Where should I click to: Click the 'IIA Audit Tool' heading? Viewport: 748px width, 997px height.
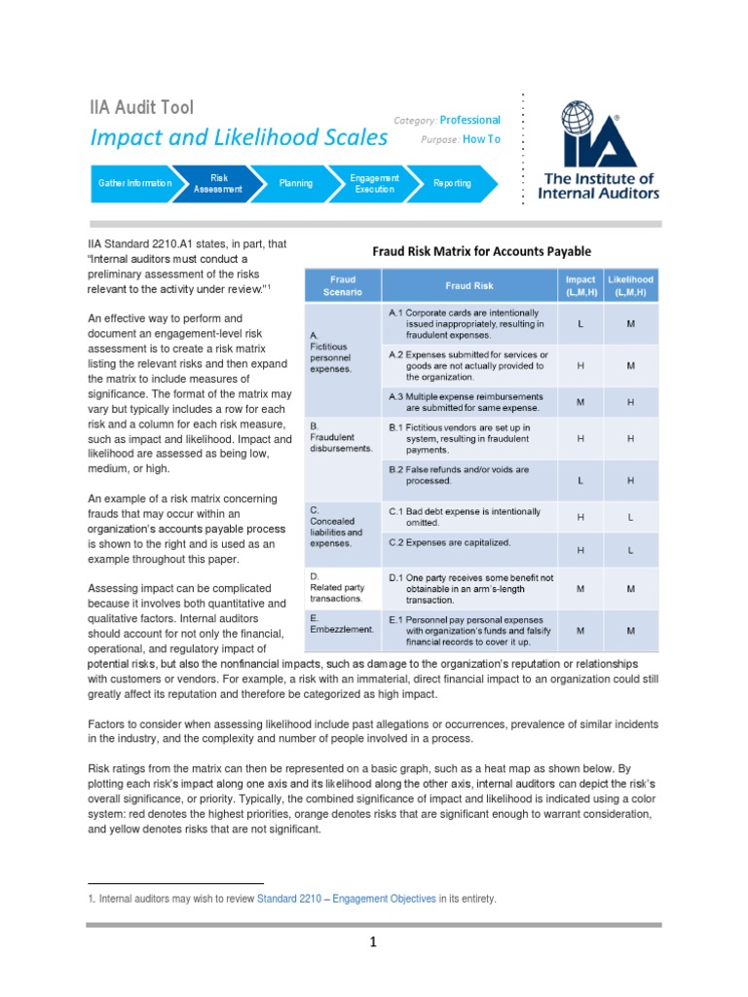(x=141, y=107)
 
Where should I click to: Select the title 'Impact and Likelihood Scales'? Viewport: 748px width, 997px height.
(x=239, y=137)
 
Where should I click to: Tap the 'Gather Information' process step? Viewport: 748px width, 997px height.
(x=135, y=183)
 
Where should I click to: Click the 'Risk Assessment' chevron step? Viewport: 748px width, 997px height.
(x=219, y=183)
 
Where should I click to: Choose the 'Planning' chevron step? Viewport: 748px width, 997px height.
(x=296, y=183)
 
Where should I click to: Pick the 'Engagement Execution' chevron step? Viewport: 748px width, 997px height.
(x=374, y=183)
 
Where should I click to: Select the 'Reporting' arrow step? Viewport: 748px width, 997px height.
(x=451, y=183)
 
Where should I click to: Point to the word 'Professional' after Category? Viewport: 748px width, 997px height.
(x=469, y=120)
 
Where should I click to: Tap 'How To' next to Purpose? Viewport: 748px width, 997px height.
(x=481, y=139)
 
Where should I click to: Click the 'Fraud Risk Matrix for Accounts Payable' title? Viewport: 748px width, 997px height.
(x=481, y=251)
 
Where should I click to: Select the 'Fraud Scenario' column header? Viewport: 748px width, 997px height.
(x=342, y=285)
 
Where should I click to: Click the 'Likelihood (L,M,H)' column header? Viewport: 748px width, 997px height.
(x=630, y=285)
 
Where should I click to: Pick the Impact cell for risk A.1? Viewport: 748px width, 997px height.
(x=580, y=323)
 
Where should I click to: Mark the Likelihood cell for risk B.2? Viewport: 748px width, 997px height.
(x=630, y=481)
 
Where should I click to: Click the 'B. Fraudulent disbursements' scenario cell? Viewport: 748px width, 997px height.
(x=342, y=438)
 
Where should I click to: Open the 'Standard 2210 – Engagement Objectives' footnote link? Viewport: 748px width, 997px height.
(x=346, y=899)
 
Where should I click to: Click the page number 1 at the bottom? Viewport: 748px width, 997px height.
(x=373, y=942)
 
